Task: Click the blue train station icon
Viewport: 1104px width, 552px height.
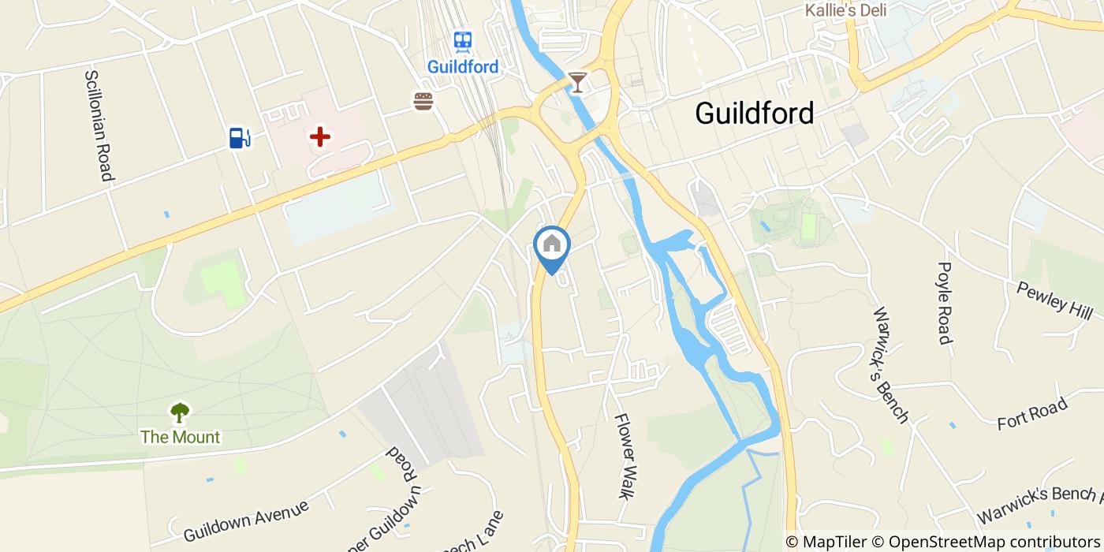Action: [x=463, y=41]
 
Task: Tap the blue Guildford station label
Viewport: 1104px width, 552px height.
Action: [x=463, y=67]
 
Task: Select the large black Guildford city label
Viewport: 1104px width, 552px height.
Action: [x=754, y=114]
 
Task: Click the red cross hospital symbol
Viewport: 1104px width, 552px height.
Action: [x=319, y=138]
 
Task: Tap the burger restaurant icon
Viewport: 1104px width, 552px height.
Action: [x=423, y=101]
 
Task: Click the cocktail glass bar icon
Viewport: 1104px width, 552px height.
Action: [x=578, y=82]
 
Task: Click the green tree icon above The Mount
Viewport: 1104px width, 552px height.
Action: [x=180, y=412]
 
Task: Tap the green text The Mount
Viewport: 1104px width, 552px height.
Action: [x=180, y=437]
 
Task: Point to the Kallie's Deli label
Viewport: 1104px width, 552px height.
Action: [x=845, y=10]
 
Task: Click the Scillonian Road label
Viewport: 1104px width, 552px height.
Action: [x=98, y=125]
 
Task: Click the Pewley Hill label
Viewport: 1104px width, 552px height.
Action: [x=1054, y=298]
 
